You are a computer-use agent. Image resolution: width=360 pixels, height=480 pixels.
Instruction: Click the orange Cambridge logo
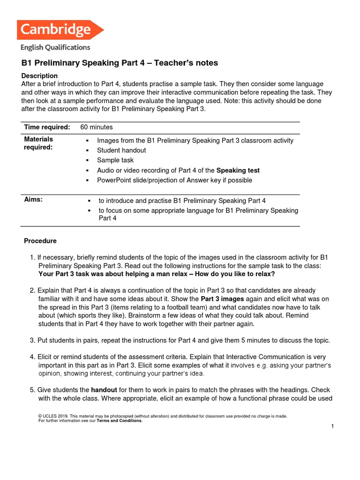(60, 30)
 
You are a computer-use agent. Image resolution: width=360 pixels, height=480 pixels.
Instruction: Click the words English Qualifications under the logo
(55, 47)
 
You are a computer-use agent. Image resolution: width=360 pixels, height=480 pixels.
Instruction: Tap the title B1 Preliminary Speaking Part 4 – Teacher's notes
(120, 63)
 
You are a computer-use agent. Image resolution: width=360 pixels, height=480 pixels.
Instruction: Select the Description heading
(40, 75)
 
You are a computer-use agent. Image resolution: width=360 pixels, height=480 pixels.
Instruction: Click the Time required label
(47, 127)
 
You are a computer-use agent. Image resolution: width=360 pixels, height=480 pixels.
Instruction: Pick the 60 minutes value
(97, 127)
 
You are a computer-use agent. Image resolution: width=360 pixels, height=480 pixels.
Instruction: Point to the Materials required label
(38, 143)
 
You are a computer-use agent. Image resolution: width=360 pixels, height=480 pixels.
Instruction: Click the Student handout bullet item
(121, 150)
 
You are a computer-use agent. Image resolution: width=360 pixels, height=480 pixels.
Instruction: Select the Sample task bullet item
(115, 160)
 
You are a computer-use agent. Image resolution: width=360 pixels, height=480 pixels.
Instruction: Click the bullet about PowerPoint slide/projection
(174, 180)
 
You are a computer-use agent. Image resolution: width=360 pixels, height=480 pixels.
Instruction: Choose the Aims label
(33, 200)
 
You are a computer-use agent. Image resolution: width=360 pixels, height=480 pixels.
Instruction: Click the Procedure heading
(40, 241)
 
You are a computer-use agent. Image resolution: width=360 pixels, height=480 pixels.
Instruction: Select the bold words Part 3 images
(223, 299)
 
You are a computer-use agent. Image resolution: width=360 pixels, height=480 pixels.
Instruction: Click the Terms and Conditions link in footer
(120, 420)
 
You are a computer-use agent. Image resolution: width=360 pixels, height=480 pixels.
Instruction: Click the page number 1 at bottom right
(332, 426)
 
